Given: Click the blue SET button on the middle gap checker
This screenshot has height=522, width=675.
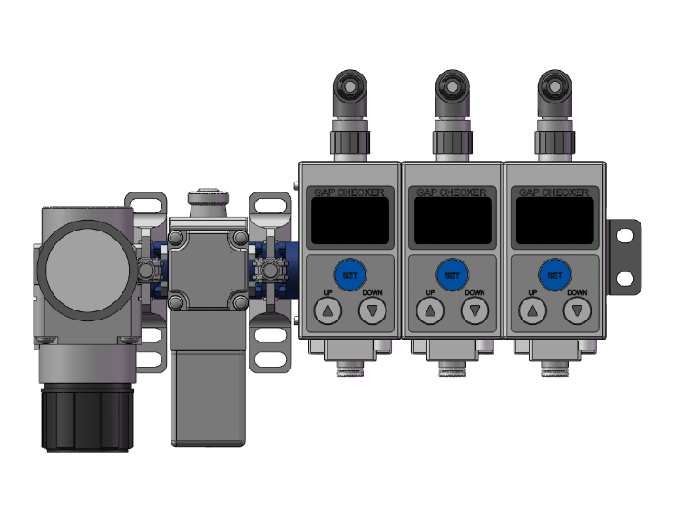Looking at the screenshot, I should pos(453,273).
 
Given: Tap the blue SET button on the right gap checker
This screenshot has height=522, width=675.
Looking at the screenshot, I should pos(554,273).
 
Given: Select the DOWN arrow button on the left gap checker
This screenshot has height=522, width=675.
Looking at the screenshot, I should pos(372,311).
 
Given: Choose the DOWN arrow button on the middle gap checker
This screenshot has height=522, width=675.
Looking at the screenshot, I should pos(474,311).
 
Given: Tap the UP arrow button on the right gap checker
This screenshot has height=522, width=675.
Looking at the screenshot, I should pos(532,311).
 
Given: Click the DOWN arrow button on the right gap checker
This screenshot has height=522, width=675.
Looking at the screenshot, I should pos(577,311).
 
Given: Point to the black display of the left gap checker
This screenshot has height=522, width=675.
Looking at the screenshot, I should pos(349,221).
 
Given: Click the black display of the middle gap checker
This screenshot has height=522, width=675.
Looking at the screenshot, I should pos(453,221).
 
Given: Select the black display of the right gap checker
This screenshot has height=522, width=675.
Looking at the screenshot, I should pos(554,221).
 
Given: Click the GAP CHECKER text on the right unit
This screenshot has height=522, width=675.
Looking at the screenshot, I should pos(554,192).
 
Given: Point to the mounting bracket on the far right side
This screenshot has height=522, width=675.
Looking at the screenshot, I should pos(624,255).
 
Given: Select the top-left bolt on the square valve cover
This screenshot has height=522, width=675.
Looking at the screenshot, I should pos(178,237).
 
